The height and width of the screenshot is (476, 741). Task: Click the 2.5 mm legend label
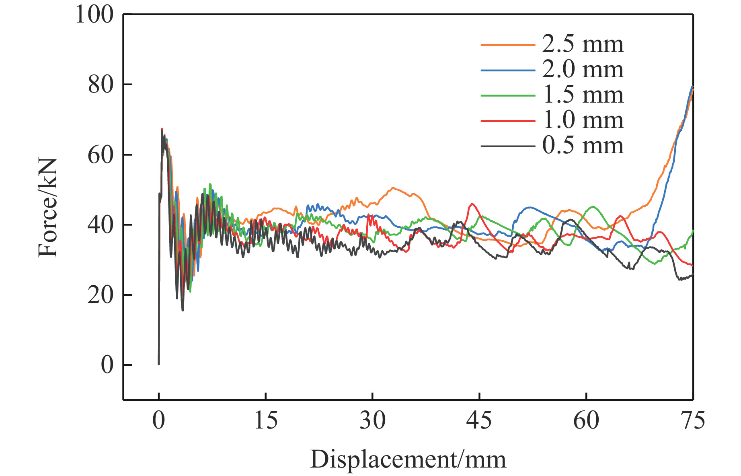[x=583, y=44]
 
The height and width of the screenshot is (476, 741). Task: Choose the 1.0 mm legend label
[x=583, y=120]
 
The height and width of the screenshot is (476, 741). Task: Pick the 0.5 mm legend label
[x=583, y=145]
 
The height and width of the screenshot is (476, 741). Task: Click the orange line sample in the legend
[x=508, y=45]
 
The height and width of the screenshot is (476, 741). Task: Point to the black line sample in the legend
[x=508, y=146]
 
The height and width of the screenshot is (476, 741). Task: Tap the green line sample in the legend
[x=508, y=95]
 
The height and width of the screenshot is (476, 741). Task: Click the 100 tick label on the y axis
[x=95, y=15]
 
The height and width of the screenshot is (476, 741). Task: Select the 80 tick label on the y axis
[x=101, y=85]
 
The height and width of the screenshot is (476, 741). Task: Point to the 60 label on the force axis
[x=101, y=155]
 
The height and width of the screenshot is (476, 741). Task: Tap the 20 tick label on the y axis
[x=101, y=295]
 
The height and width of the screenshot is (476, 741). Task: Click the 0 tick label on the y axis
[x=107, y=365]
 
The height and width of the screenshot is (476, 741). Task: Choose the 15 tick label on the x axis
[x=266, y=421]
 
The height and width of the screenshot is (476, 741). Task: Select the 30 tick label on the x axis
[x=373, y=421]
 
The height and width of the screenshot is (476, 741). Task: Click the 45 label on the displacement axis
[x=479, y=421]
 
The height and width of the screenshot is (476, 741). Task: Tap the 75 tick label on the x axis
[x=692, y=421]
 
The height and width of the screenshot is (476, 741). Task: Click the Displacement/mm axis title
[x=408, y=460]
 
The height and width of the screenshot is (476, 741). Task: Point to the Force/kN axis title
[x=48, y=208]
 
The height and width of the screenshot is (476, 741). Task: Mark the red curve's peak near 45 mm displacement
[x=472, y=204]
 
